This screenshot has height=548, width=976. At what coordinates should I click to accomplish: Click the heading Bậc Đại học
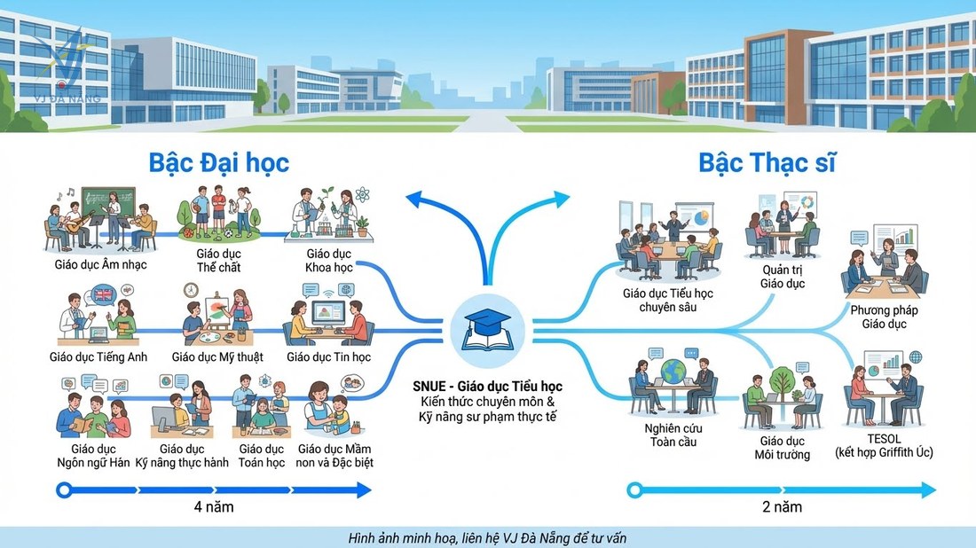[x=218, y=163]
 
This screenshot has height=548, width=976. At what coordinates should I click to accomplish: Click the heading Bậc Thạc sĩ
[x=767, y=163]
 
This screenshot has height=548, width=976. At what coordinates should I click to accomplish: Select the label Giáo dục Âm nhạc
[x=101, y=265]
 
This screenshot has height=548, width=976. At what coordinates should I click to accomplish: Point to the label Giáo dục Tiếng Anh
[x=98, y=357]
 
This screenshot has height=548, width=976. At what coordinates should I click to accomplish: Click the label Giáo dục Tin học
[x=328, y=357]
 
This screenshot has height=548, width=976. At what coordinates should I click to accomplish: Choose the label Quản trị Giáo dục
[x=783, y=277]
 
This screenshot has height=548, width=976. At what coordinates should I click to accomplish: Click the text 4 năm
[x=214, y=507]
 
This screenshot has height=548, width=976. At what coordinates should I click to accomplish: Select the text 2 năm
[x=782, y=507]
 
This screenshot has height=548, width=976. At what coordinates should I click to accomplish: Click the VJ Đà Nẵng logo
[x=66, y=67]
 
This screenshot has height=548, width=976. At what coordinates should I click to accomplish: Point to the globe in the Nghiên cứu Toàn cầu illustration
[x=673, y=371]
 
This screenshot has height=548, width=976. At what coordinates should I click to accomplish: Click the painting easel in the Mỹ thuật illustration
[x=214, y=310]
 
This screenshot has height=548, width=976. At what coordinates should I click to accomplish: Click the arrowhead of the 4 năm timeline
[x=364, y=490]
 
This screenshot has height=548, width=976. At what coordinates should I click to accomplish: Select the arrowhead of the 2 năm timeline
[x=928, y=490]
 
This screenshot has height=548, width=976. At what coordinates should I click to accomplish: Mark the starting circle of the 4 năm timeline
[x=64, y=490]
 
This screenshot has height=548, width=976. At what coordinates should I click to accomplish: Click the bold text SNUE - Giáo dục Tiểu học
[x=487, y=387]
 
